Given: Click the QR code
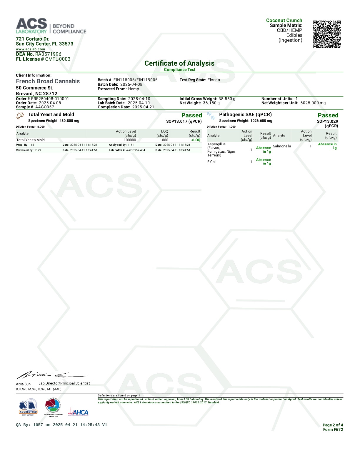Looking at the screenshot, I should click(x=326, y=34).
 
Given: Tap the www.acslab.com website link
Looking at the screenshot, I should click(x=30, y=49).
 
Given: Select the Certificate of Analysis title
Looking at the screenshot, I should click(x=179, y=63).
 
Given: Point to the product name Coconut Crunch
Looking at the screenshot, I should click(x=284, y=20).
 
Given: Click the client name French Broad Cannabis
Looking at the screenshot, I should click(x=48, y=81).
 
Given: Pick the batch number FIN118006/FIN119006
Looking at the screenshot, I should click(x=135, y=80).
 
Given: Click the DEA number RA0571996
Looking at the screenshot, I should click(x=48, y=54).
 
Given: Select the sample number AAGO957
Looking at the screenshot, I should click(x=44, y=107).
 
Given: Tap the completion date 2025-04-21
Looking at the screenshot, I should click(x=143, y=107).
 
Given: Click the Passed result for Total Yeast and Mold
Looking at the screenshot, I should click(x=191, y=115).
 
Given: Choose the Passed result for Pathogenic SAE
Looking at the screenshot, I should click(x=328, y=115).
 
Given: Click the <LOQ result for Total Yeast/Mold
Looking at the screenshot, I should click(x=196, y=140).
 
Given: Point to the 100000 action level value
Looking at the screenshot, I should click(x=130, y=140).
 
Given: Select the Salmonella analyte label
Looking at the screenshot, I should click(x=282, y=146).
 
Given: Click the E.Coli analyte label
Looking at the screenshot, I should click(x=212, y=162).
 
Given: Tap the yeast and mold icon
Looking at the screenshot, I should click(x=20, y=116).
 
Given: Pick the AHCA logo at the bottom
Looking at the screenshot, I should click(x=78, y=412).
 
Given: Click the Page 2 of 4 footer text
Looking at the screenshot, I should click(x=333, y=425).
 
